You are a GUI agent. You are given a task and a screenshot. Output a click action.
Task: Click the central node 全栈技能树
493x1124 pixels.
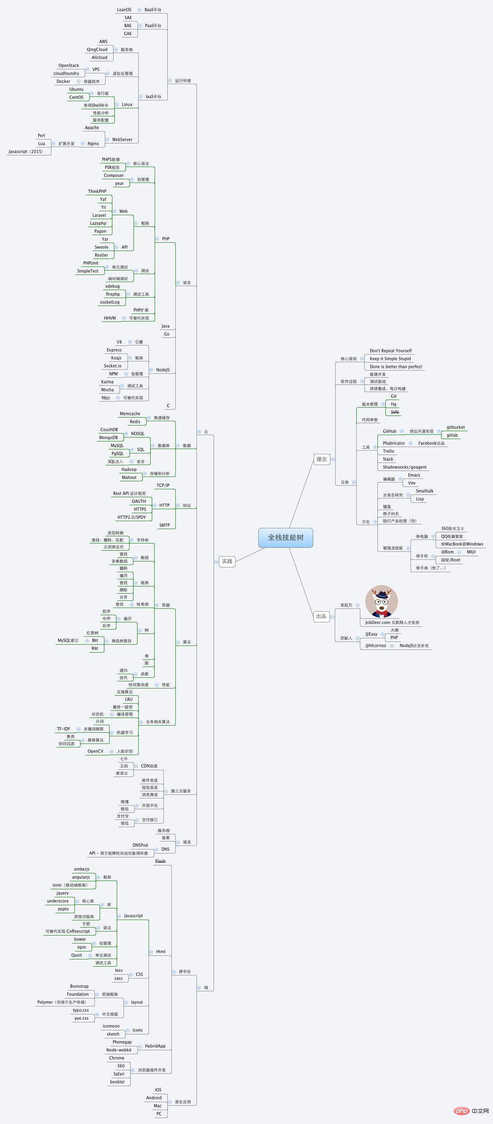(x=285, y=537)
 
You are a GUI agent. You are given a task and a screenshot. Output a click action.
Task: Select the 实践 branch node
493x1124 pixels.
(x=227, y=561)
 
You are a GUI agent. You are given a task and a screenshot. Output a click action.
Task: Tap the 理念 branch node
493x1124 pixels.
(x=322, y=459)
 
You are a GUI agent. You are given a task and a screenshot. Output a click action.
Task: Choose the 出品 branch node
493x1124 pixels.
(x=321, y=616)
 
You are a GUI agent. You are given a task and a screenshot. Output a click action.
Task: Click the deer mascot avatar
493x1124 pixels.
(x=381, y=601)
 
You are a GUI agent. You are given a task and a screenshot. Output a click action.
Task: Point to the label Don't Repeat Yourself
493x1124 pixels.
(x=391, y=351)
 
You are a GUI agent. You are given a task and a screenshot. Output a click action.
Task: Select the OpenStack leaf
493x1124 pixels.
(x=69, y=65)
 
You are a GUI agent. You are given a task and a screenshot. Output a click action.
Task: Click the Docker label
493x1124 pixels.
(x=63, y=82)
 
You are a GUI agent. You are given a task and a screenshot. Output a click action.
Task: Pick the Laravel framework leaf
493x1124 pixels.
(x=99, y=215)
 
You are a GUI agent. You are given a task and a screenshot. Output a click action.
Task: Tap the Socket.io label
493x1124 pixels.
(x=112, y=366)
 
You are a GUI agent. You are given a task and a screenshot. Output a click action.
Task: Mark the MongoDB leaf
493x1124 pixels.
(x=108, y=437)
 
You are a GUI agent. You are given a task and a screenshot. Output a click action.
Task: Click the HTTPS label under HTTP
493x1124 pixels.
(x=140, y=509)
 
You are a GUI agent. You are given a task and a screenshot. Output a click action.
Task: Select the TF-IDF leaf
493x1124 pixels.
(x=63, y=729)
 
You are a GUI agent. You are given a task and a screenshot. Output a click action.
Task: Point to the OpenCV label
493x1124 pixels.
(x=96, y=751)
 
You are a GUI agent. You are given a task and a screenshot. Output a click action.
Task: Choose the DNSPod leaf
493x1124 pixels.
(x=140, y=845)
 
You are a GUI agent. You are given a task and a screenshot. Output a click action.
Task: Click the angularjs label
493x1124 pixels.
(x=81, y=877)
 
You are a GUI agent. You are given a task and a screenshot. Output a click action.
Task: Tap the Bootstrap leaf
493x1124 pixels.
(x=79, y=986)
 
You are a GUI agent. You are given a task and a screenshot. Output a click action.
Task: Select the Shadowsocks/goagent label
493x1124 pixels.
(x=405, y=467)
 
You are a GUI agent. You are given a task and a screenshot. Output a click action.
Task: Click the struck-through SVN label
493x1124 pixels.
(x=395, y=412)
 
